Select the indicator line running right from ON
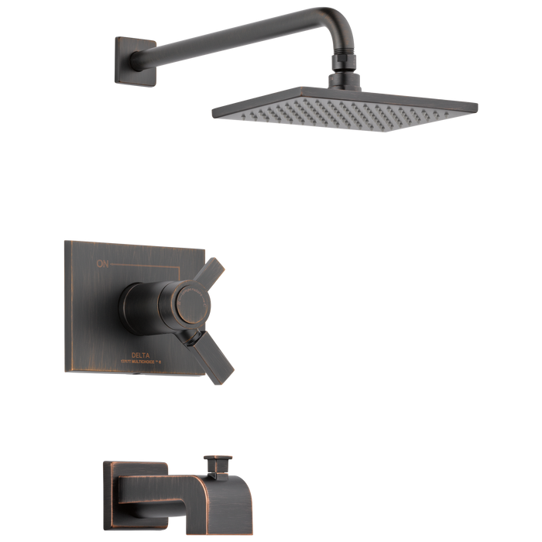pyautogui.click(x=155, y=264)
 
